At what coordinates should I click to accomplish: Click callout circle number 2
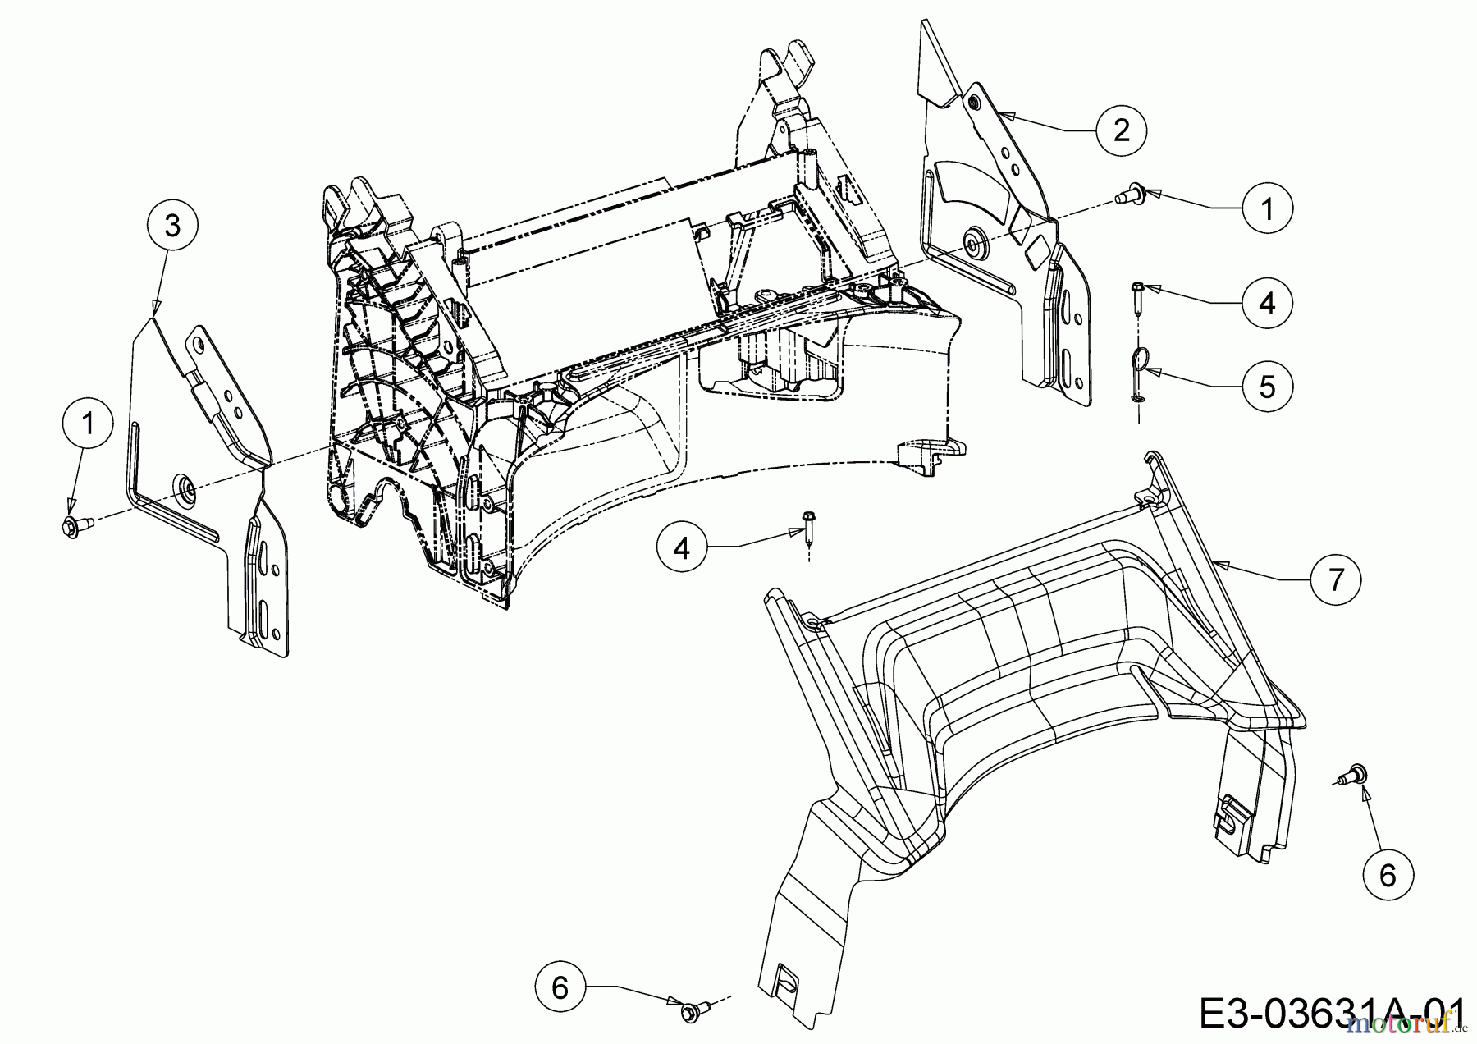coord(1121,130)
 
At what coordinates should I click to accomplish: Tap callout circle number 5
coord(1266,386)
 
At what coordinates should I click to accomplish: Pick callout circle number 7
coord(1336,579)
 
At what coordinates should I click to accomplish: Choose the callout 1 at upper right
coord(1266,209)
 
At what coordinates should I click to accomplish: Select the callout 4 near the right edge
coord(1266,304)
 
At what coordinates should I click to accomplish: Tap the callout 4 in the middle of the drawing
coord(682,547)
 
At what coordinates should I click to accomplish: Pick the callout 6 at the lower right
coord(1387,875)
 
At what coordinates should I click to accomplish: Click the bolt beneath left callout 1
coord(71,524)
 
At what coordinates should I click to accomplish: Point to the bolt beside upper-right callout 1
coord(1127,195)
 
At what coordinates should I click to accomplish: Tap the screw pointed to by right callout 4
coord(1138,294)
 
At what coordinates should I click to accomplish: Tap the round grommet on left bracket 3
coord(184,488)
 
